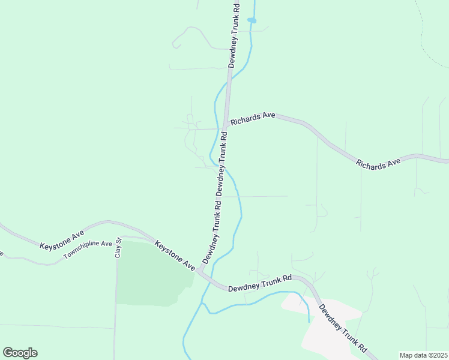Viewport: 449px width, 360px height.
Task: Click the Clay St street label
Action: click(118, 248)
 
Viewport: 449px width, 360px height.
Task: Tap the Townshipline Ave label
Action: click(88, 251)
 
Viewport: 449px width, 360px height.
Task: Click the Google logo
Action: click(20, 353)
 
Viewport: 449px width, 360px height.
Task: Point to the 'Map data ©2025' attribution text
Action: click(423, 355)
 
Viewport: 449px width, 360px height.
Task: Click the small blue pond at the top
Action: click(252, 20)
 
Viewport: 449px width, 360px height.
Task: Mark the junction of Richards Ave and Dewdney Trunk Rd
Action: click(224, 128)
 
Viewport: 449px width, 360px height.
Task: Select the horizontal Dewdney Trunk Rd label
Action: click(259, 283)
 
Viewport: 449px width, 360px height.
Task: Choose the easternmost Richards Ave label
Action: click(378, 163)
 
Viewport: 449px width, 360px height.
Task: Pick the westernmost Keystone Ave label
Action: click(62, 239)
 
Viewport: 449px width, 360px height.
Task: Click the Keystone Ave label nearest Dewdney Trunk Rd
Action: click(175, 255)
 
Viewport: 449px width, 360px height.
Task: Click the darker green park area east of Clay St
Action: click(147, 273)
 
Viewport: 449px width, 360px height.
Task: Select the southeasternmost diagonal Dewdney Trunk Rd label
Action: click(343, 329)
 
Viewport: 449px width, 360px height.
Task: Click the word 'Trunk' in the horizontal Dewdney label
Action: click(267, 282)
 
